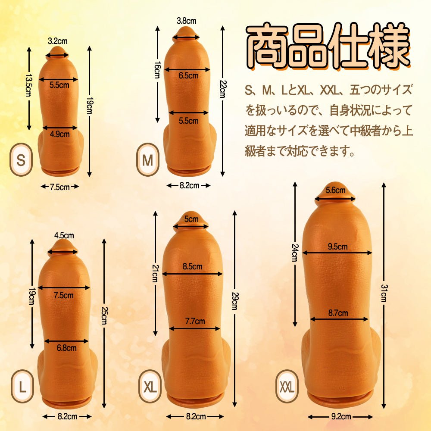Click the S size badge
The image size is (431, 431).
coord(21,159)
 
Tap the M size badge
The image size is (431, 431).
coord(148,160)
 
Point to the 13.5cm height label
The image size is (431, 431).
coord(28,87)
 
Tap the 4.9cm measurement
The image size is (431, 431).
coord(59,134)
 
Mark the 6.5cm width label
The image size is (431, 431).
coord(188,75)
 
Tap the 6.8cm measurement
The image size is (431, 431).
coord(66,347)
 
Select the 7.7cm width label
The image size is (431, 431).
coord(195,321)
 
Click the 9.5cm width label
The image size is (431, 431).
coord(337,247)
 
